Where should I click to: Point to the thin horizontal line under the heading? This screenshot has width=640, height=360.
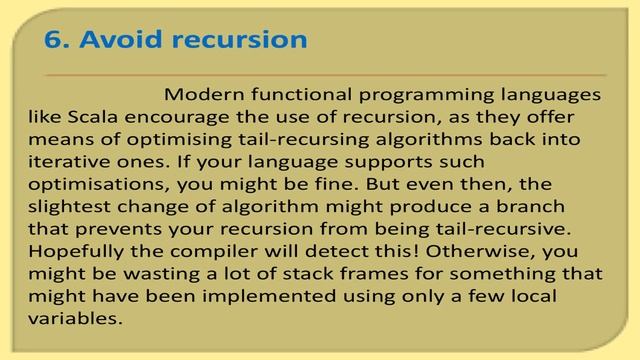(x=325, y=75)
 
